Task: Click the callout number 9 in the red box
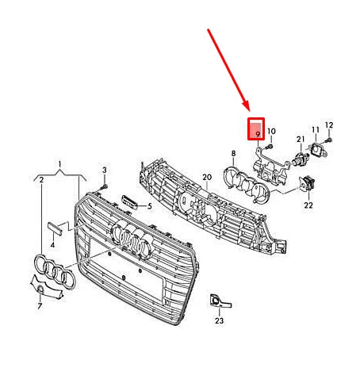click(x=258, y=134)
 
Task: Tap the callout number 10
click(x=271, y=131)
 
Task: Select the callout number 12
click(x=329, y=125)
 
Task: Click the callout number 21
click(x=301, y=139)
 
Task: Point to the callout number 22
click(x=308, y=205)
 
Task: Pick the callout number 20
click(x=207, y=177)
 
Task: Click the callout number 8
click(x=233, y=153)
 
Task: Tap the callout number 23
click(x=219, y=320)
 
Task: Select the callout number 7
click(x=40, y=306)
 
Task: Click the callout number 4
click(x=52, y=245)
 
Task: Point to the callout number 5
click(x=150, y=206)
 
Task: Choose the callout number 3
click(x=105, y=170)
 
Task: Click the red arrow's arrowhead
click(x=247, y=106)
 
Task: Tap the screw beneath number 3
click(x=104, y=187)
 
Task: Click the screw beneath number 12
click(x=328, y=140)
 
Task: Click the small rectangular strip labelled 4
click(x=55, y=229)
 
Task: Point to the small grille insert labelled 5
click(x=129, y=202)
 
